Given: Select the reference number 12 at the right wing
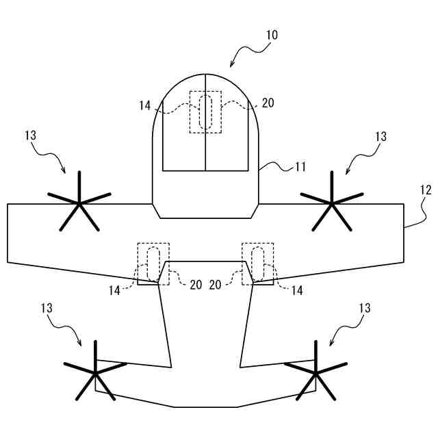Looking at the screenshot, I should pyautogui.click(x=425, y=190).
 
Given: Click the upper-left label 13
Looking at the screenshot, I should pyautogui.click(x=30, y=136).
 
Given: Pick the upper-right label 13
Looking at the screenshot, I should pyautogui.click(x=381, y=136).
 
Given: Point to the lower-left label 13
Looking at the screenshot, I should pyautogui.click(x=47, y=309).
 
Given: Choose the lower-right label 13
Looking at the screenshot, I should pyautogui.click(x=364, y=309).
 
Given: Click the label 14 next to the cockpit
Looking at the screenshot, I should pyautogui.click(x=144, y=105).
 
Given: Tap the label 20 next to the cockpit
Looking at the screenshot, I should pyautogui.click(x=268, y=103).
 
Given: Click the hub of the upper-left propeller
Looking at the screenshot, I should pyautogui.click(x=79, y=203).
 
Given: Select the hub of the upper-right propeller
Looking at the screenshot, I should pyautogui.click(x=332, y=203).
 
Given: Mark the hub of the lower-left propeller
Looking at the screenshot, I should pyautogui.click(x=94, y=373).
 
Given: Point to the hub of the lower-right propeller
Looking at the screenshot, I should pyautogui.click(x=315, y=373).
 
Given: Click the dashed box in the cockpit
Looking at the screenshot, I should pyautogui.click(x=205, y=112).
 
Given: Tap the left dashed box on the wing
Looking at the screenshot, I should pyautogui.click(x=153, y=263).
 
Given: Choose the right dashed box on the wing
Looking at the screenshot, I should pyautogui.click(x=258, y=263).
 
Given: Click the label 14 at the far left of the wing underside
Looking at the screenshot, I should pyautogui.click(x=114, y=290).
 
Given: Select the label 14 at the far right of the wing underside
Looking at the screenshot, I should pyautogui.click(x=297, y=290).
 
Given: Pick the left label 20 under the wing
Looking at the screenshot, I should pyautogui.click(x=196, y=285).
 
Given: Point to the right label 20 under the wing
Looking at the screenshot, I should pyautogui.click(x=216, y=285).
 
